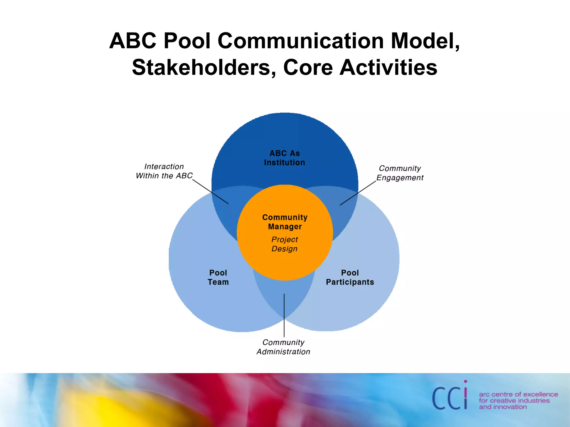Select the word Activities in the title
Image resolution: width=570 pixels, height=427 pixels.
pos(388,68)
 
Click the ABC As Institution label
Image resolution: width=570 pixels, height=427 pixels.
pos(284,158)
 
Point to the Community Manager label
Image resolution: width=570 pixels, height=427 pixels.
pos(285,222)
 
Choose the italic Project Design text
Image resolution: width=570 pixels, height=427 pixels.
pos(284,244)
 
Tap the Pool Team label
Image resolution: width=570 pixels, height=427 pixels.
pos(218,277)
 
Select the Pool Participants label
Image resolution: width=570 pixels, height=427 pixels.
pos(350,277)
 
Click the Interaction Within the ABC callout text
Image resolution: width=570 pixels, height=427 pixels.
pos(164,171)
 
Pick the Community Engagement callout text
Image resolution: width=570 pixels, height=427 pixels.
pos(400,173)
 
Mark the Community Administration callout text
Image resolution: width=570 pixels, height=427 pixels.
pos(283,347)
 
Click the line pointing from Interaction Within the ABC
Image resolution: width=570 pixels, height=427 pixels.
pos(210,192)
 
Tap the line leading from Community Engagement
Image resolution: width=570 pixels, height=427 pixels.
pos(358,193)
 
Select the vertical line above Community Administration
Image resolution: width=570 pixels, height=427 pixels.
pos(284,316)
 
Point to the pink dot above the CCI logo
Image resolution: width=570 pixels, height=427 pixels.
pos(466,382)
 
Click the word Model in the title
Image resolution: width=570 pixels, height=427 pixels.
pos(425,41)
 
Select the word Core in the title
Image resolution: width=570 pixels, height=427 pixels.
pos(308,68)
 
